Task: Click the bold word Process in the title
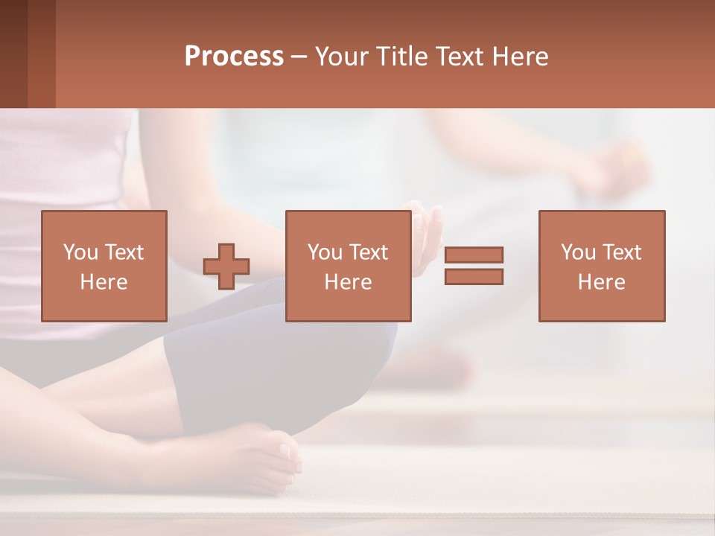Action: click(x=234, y=57)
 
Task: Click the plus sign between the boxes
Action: click(x=226, y=266)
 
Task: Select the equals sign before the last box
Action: click(x=474, y=266)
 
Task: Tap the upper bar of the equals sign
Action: click(x=474, y=255)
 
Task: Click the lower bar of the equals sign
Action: click(x=474, y=276)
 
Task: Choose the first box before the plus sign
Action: click(x=104, y=266)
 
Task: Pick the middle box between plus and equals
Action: click(x=348, y=266)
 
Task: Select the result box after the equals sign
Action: click(x=601, y=266)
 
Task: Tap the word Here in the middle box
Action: click(x=348, y=282)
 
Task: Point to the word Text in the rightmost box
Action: click(x=620, y=252)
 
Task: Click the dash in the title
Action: click(x=299, y=57)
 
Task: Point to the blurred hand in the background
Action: click(x=618, y=167)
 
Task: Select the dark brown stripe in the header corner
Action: click(x=13, y=54)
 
